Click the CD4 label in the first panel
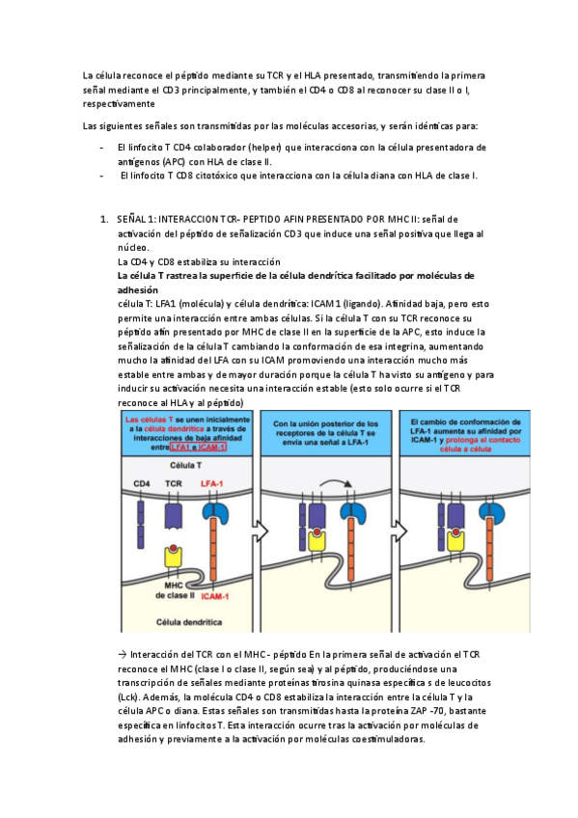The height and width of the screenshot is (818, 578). (142, 483)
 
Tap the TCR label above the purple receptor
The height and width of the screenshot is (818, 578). (173, 483)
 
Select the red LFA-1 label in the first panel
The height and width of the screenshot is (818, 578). (211, 483)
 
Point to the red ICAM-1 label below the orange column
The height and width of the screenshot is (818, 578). (215, 596)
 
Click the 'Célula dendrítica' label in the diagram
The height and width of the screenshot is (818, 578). (189, 622)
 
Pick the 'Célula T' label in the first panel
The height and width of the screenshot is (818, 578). (185, 465)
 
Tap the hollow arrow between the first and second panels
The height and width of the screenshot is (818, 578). (261, 532)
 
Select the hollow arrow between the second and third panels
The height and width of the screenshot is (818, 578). (399, 532)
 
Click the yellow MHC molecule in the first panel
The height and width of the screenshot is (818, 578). (173, 557)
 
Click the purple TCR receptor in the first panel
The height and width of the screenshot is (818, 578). (173, 515)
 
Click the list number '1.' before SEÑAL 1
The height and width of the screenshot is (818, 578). (104, 220)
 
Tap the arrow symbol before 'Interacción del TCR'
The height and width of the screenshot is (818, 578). (123, 655)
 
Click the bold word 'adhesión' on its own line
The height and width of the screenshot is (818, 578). (138, 290)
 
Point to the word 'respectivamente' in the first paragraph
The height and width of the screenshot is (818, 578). (119, 104)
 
